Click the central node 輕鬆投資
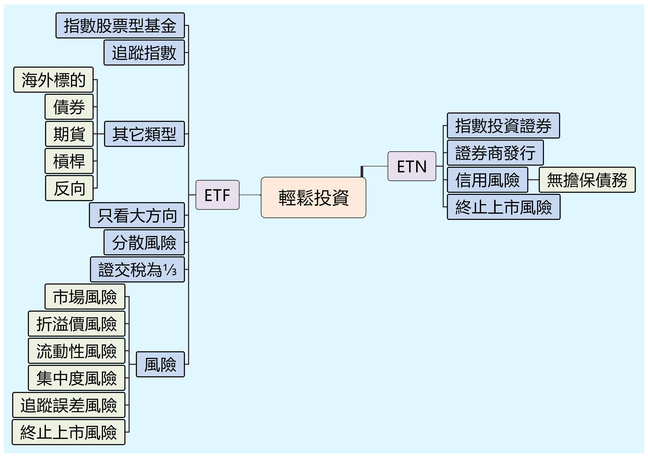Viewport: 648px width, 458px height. (x=313, y=197)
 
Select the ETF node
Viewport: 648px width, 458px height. (x=217, y=195)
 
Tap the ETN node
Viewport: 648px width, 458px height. (x=412, y=166)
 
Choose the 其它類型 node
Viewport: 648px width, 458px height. (x=144, y=134)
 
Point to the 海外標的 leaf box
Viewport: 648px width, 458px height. (x=53, y=80)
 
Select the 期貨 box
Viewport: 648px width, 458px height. (x=69, y=134)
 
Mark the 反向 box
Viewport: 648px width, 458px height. (x=69, y=188)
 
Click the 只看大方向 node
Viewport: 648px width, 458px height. (x=137, y=215)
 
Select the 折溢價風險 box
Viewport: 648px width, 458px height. (x=76, y=324)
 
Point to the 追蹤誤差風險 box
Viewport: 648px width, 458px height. (x=69, y=405)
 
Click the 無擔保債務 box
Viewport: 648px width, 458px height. (x=587, y=180)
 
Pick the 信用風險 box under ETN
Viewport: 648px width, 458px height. (x=487, y=180)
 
